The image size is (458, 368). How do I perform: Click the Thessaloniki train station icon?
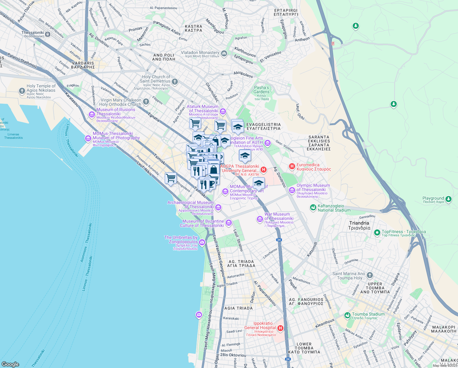[48, 34]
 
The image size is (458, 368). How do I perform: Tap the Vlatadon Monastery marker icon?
[224, 54]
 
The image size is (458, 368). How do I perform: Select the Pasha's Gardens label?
[261, 90]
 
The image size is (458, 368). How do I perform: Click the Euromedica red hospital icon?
[292, 167]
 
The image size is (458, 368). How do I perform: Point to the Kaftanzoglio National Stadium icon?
[313, 208]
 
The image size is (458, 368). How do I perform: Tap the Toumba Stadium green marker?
[347, 315]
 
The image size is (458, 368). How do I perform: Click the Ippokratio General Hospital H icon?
[280, 328]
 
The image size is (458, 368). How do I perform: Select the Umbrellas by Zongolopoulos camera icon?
[202, 243]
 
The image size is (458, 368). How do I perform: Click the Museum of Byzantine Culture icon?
[228, 223]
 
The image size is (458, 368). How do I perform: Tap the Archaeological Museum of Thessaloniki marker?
[218, 208]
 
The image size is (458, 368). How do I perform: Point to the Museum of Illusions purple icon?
[92, 114]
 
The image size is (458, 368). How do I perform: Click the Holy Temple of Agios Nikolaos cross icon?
[22, 91]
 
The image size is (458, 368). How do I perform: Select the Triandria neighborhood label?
[359, 225]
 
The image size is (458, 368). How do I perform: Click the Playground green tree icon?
[449, 199]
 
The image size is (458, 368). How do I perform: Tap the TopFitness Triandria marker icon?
[377, 233]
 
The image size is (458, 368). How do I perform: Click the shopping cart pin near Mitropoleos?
[171, 178]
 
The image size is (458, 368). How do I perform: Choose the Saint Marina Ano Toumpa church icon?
[370, 275]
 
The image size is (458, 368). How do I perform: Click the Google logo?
[10, 364]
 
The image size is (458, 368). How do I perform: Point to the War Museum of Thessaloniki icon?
[260, 219]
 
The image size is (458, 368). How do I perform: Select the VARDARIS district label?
[83, 65]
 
